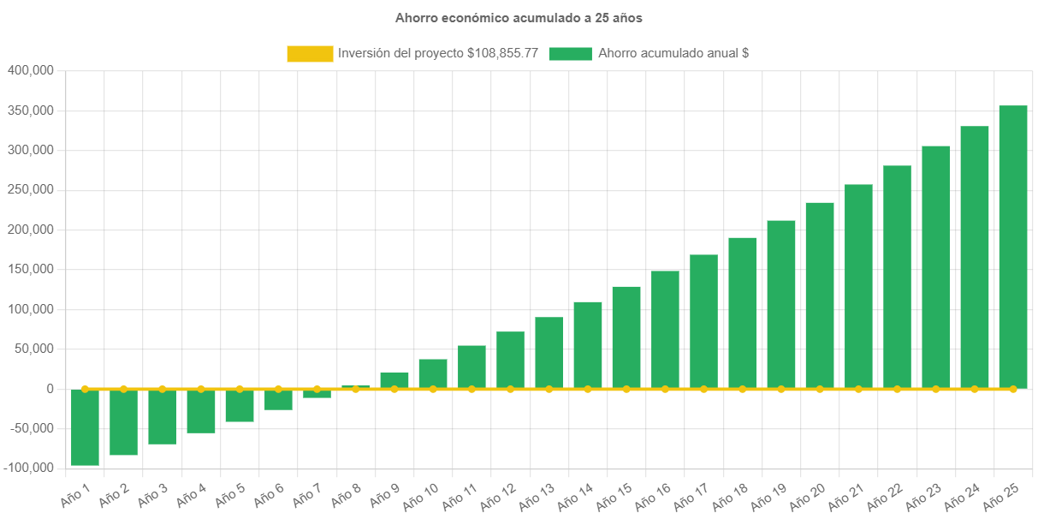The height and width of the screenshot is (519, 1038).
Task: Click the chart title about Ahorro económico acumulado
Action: pos(519,18)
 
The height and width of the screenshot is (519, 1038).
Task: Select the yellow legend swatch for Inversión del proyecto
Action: pos(310,54)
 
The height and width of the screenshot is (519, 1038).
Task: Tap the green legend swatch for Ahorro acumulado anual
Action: pos(570,54)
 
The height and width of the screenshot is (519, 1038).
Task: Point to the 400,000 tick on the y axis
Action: pos(31,70)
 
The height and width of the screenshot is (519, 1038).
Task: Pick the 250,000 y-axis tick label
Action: pos(31,189)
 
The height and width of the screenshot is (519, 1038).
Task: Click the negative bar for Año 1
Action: pos(85,427)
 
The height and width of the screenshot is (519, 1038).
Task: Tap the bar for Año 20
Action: pos(820,295)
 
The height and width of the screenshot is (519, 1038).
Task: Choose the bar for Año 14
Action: pos(588,345)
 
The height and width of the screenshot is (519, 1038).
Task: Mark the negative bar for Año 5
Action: pos(240,405)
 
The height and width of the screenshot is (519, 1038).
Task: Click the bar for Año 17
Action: pos(703,321)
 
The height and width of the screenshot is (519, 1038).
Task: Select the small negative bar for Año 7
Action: pos(317,394)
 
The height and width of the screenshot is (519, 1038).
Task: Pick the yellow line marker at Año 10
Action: pos(433,389)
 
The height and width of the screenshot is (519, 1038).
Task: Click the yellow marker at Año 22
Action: pos(897,389)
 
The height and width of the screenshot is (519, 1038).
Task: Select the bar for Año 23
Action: pos(935,267)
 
